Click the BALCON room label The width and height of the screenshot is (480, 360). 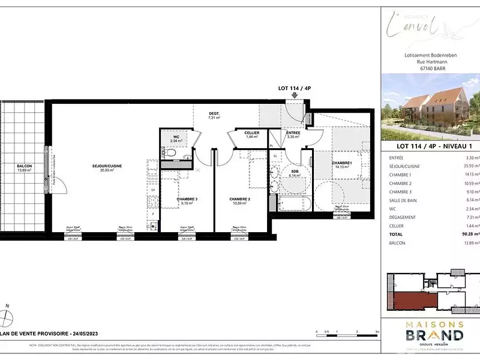[24, 166]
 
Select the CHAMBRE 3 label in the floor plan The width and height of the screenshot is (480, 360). [174, 199]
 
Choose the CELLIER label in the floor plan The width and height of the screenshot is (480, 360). [251, 133]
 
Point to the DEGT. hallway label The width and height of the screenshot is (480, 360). [214, 113]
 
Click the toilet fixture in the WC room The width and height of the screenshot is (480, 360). [171, 154]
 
